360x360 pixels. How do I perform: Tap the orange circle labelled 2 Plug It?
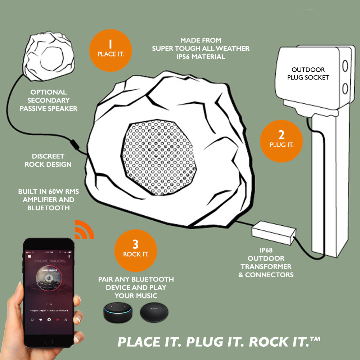pos(281,140)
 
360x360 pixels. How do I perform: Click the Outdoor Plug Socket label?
pos(308,73)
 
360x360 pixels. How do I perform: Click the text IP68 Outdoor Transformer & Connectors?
pos(267,267)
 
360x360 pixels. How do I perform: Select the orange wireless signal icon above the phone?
pos(84,231)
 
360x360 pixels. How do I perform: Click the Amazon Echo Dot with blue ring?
pos(117,312)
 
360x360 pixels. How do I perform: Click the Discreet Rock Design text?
pos(48,161)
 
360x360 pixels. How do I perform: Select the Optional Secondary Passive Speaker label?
pos(48,100)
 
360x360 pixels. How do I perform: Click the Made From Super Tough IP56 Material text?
pos(201,49)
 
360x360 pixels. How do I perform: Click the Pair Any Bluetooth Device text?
pos(136,287)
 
